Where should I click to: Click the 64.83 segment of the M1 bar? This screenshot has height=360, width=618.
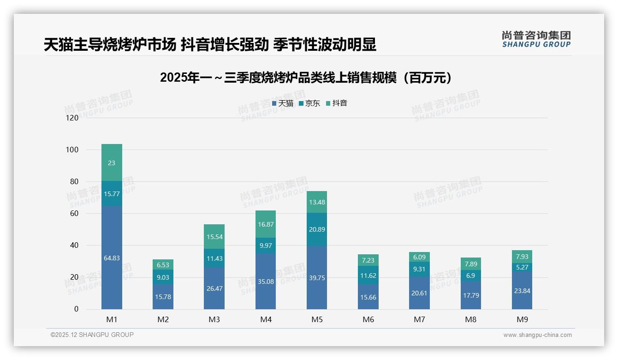pyautogui.click(x=112, y=258)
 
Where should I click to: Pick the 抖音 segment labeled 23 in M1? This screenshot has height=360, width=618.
pyautogui.click(x=112, y=163)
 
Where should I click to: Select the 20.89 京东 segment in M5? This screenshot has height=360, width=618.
pyautogui.click(x=317, y=229)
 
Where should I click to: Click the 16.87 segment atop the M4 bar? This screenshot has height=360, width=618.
pyautogui.click(x=266, y=224)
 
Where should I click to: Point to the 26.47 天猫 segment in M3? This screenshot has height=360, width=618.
pyautogui.click(x=214, y=288)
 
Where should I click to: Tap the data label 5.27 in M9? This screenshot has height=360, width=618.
pyautogui.click(x=522, y=267)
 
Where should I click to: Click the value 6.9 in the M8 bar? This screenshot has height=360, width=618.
pyautogui.click(x=471, y=275)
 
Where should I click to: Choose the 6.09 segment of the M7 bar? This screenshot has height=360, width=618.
pyautogui.click(x=419, y=257)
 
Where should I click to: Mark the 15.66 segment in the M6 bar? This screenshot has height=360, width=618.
pyautogui.click(x=368, y=297)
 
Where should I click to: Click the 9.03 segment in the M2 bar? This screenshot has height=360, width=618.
pyautogui.click(x=163, y=277)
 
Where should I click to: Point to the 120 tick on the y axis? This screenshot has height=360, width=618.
pyautogui.click(x=72, y=118)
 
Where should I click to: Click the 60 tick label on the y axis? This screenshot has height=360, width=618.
pyautogui.click(x=74, y=213)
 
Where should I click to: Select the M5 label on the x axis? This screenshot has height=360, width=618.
pyautogui.click(x=317, y=319)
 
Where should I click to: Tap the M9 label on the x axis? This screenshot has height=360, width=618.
pyautogui.click(x=522, y=319)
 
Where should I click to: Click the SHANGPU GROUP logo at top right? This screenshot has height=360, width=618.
pyautogui.click(x=536, y=39)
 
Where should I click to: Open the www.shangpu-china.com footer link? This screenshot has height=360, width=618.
pyautogui.click(x=537, y=335)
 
